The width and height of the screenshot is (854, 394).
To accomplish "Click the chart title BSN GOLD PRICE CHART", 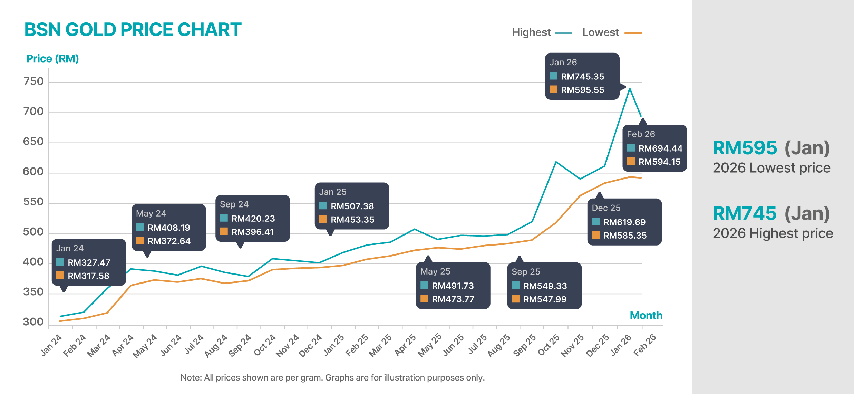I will [133, 30].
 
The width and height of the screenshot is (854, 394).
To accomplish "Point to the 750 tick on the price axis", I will [33, 81].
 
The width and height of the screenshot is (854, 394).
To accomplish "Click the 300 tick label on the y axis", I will [33, 322].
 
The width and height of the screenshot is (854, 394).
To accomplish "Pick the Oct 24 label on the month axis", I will [265, 345].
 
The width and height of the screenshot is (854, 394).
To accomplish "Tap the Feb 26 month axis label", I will [645, 345].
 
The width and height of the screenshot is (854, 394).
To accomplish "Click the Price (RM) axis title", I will [52, 59].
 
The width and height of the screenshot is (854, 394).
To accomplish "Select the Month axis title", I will [646, 315].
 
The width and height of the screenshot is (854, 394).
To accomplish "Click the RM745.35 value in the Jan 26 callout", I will [582, 76].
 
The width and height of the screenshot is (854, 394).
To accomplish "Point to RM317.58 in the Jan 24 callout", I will [88, 276].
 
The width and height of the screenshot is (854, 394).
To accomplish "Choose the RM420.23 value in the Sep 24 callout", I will [253, 219].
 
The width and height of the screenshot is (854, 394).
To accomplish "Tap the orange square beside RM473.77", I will [424, 299].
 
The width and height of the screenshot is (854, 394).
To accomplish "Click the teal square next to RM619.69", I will [596, 222].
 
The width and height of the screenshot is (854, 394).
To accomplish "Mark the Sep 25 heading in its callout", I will [526, 272].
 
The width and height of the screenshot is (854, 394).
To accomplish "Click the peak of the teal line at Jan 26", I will [630, 88].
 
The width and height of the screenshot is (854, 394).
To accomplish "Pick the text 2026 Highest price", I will [773, 233].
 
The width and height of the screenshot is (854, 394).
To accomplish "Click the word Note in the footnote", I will [191, 377].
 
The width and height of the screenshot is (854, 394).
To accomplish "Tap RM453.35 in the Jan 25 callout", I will [352, 220].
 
